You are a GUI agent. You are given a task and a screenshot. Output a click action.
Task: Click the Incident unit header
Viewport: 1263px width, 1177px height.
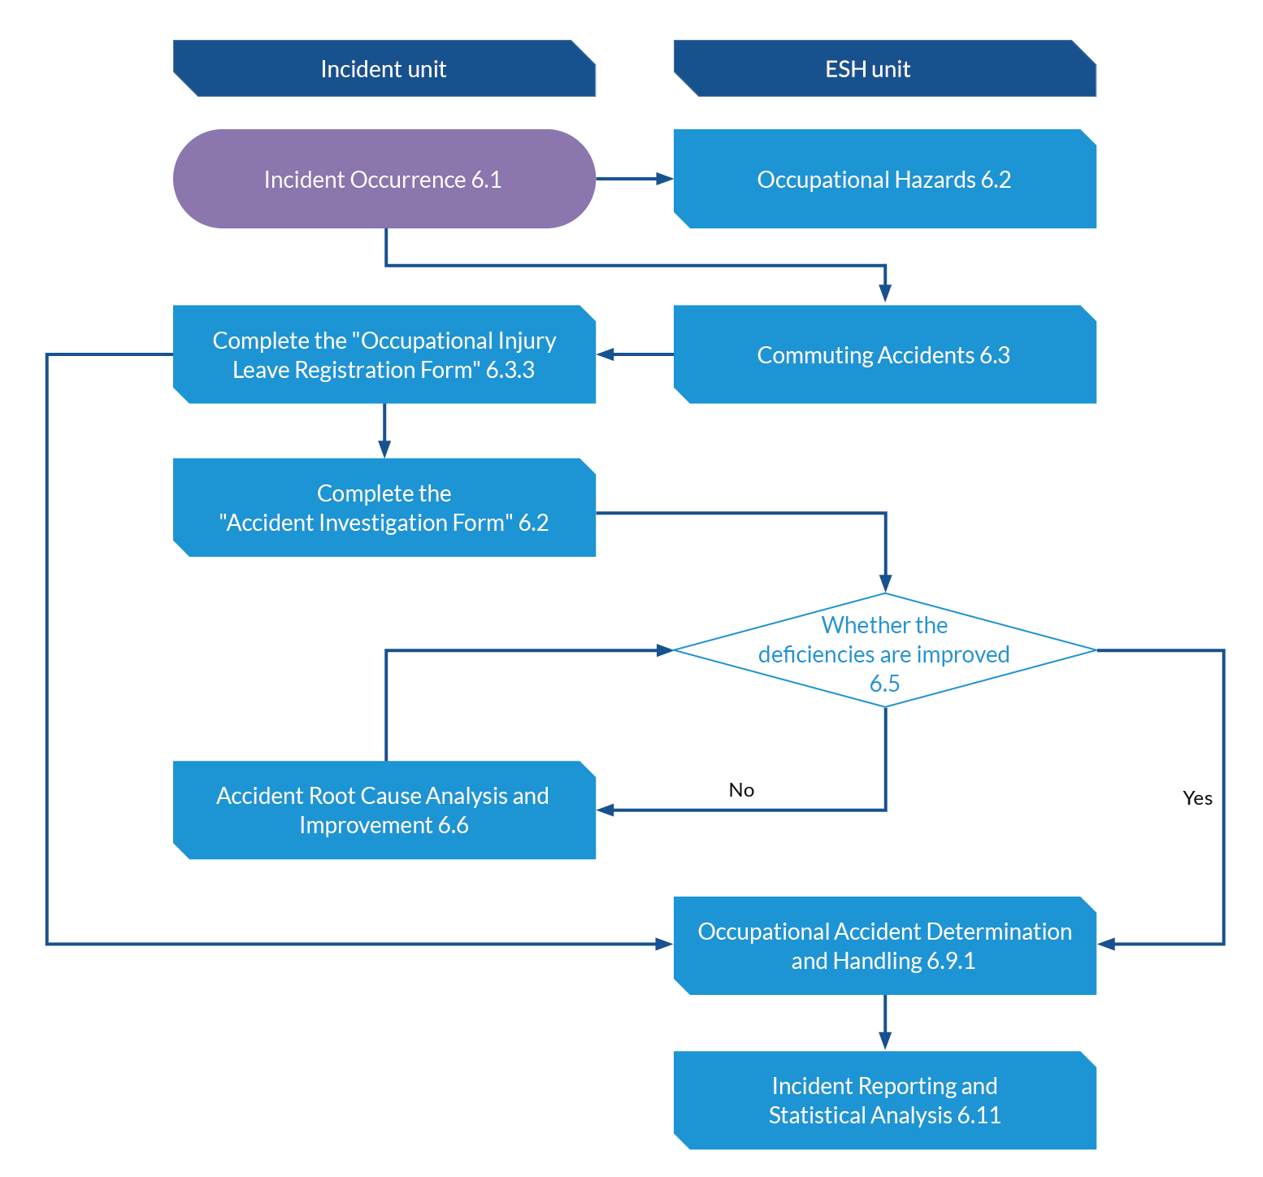click(x=384, y=69)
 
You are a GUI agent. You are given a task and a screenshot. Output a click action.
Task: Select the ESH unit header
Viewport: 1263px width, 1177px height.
click(x=885, y=69)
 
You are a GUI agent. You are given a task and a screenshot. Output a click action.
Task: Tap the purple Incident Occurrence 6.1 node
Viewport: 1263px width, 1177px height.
click(x=384, y=179)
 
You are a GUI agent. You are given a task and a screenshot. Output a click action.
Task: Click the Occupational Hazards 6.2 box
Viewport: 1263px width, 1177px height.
click(x=885, y=179)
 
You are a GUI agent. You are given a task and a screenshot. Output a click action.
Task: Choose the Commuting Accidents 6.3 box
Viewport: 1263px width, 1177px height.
click(x=885, y=354)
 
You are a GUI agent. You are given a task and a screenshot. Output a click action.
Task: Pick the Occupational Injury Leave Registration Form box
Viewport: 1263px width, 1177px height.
click(x=384, y=354)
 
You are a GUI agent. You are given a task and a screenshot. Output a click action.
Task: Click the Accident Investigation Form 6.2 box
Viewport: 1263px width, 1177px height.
click(x=384, y=507)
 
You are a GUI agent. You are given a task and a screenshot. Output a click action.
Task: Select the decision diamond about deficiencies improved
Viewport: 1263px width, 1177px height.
click(x=885, y=650)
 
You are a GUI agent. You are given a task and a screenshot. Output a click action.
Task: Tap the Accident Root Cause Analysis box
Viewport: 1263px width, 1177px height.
click(x=384, y=810)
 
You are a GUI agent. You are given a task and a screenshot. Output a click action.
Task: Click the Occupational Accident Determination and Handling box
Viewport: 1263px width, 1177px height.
click(x=885, y=945)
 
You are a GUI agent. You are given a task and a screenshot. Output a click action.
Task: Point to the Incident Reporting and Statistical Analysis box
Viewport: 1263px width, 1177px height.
click(x=885, y=1101)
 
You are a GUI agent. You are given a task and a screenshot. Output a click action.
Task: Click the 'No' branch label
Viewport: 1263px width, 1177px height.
click(x=742, y=790)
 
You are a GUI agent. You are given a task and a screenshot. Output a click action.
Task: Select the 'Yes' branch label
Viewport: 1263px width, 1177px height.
click(x=1198, y=798)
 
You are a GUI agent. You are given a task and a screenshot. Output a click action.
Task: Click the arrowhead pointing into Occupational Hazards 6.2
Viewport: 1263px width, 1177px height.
click(x=666, y=179)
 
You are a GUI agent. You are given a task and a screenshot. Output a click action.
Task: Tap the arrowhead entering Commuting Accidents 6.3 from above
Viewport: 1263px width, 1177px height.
click(x=885, y=294)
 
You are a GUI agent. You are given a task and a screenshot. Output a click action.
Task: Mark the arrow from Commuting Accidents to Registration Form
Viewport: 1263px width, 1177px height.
click(x=635, y=354)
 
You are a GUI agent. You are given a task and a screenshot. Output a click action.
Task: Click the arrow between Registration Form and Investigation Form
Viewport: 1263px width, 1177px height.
click(x=384, y=431)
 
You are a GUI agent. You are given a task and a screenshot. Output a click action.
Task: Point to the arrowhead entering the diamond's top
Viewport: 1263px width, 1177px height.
click(x=885, y=583)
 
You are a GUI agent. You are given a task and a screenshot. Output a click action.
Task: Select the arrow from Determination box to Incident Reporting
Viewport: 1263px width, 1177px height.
click(x=885, y=1023)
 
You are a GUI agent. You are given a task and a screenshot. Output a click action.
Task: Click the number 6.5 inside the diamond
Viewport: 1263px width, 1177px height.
click(x=885, y=684)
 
